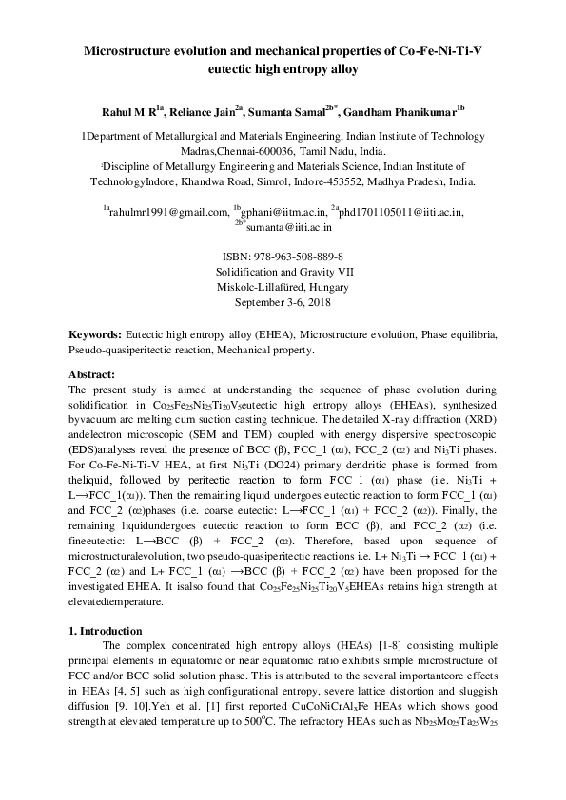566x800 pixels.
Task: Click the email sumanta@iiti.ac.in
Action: [x=288, y=227]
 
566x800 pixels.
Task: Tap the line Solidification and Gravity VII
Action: [x=283, y=273]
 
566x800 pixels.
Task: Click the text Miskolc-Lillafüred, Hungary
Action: [x=283, y=288]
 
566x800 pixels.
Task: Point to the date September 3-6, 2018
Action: [x=283, y=303]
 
